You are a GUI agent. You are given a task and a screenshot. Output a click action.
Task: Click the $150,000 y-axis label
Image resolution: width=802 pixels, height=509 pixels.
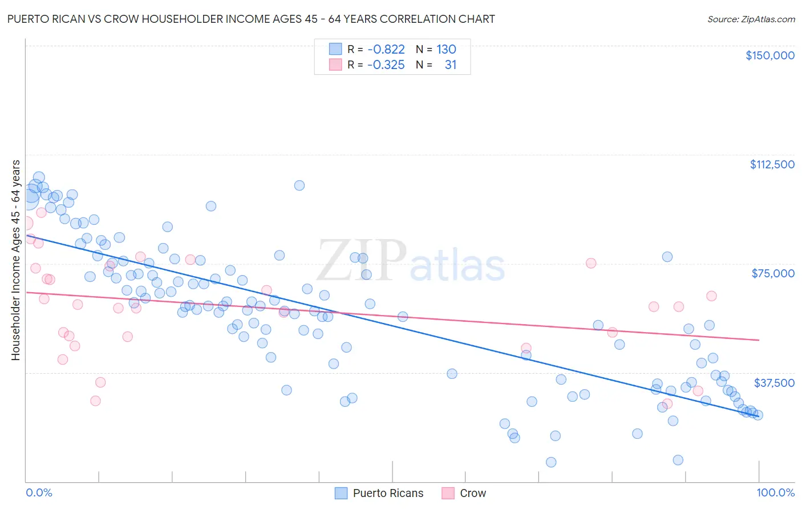[769, 55]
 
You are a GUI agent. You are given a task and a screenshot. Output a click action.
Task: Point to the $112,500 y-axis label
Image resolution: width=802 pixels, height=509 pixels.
[772, 164]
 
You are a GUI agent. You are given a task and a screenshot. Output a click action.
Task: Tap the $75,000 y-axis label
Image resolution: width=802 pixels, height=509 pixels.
[773, 273]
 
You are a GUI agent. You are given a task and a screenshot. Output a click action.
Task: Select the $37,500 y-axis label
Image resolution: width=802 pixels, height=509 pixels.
[774, 383]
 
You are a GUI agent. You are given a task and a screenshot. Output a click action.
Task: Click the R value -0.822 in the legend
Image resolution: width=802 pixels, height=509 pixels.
[386, 50]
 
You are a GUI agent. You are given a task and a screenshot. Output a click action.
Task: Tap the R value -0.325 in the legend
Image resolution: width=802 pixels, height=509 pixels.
[386, 65]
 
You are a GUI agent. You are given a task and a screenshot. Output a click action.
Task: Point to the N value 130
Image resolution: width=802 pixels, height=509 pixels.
[446, 50]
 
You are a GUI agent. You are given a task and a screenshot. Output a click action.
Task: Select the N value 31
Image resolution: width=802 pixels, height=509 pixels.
[451, 65]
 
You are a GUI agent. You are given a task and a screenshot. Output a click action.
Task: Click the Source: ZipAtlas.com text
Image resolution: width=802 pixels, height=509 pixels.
[751, 19]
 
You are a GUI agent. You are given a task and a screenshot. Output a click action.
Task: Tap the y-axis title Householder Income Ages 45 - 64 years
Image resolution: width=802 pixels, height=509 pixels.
[15, 260]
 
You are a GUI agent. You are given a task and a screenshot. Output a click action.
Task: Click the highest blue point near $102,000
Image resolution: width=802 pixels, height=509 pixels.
[299, 185]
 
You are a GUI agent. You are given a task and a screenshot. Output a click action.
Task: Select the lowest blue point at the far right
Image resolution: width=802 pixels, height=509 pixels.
[678, 460]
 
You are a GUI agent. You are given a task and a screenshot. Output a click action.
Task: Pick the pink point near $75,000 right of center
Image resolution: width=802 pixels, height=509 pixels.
[591, 263]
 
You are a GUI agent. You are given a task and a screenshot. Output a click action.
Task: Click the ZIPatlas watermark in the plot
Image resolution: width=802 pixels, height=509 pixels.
[411, 261]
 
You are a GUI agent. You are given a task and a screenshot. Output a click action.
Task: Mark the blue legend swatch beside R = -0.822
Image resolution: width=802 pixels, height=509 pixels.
[335, 49]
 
